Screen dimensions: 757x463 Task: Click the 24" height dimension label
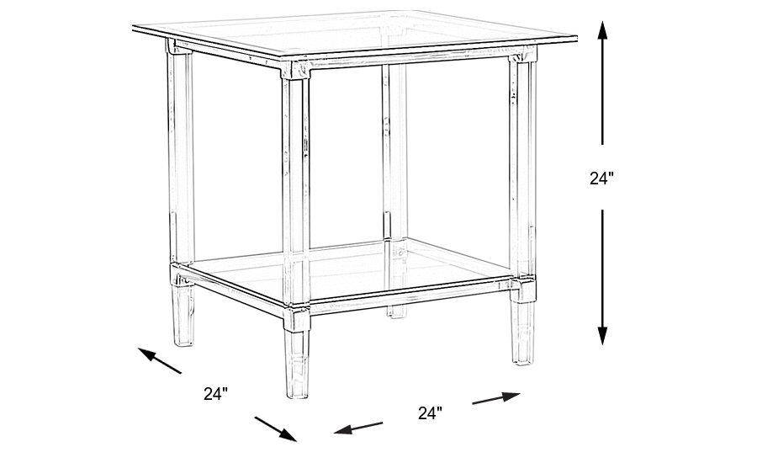pos(601,178)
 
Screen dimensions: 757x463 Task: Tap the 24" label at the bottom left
pos(215,393)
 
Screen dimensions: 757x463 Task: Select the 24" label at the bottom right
pos(430,412)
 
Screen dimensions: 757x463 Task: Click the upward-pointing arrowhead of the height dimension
pos(602,30)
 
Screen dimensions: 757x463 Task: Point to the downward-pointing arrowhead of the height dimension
pos(602,335)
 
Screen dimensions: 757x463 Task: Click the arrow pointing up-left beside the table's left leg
pos(159,360)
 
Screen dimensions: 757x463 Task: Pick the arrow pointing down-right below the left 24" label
pos(276,428)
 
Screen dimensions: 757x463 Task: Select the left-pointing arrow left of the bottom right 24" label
pos(358,428)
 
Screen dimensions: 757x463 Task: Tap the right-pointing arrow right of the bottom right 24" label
pos(496,397)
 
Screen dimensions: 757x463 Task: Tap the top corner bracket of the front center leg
pos(295,70)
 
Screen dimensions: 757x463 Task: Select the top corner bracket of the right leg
pos(523,54)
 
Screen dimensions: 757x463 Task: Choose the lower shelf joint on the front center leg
pos(296,318)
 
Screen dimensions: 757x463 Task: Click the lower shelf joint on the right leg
pos(523,289)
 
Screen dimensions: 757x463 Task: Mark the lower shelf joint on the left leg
pos(182,275)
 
